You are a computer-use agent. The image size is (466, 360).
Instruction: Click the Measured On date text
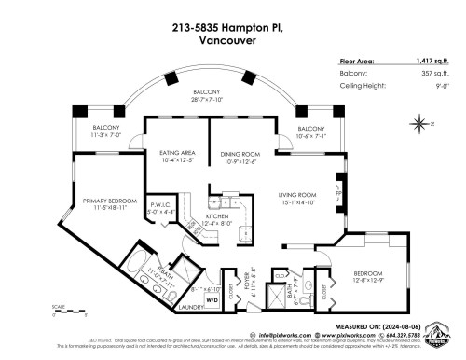tap(395, 326)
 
